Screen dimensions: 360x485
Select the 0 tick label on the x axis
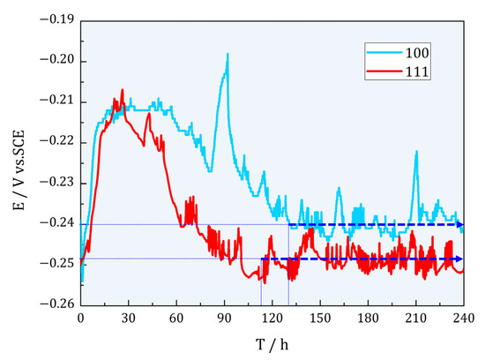(x=80, y=319)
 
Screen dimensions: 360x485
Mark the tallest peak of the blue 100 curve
(x=228, y=54)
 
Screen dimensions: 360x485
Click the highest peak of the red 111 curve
(x=122, y=89)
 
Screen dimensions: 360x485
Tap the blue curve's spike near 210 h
(x=416, y=152)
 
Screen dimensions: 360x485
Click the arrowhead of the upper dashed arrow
(x=460, y=225)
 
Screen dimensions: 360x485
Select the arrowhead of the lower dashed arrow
(x=460, y=259)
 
